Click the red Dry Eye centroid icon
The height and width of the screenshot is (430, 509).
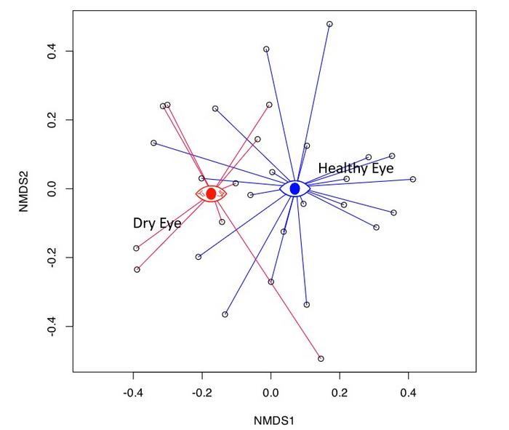point(211,194)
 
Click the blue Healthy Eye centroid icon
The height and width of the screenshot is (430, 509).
point(294,188)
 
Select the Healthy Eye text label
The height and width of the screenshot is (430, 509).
point(356,169)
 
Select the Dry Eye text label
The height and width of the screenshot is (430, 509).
point(156,223)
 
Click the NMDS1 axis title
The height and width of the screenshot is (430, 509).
point(273,420)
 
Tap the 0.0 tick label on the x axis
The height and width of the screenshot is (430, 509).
point(270,393)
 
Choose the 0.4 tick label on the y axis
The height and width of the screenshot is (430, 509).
point(51,51)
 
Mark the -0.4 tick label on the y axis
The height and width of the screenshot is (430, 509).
point(51,326)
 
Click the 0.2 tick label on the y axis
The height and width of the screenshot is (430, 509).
point(51,120)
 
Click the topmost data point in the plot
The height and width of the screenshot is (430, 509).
point(329,24)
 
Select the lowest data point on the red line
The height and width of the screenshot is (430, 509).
point(321,359)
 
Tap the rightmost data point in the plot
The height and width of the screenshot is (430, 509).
point(413,179)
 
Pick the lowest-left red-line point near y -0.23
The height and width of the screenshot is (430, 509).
point(137,269)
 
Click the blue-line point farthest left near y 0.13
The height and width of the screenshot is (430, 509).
point(153,143)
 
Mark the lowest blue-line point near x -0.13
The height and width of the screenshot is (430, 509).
point(225,314)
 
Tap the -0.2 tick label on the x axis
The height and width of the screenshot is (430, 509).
point(202,393)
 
